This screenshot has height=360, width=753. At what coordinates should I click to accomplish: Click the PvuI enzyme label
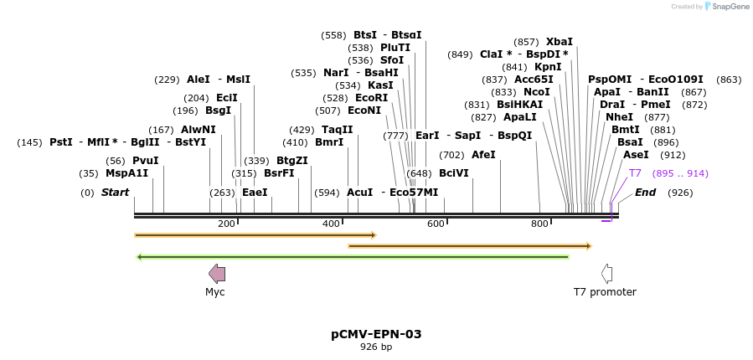(x=145, y=161)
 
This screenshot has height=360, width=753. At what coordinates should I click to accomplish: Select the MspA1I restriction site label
(x=126, y=173)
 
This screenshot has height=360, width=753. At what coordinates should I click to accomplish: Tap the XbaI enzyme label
(x=559, y=42)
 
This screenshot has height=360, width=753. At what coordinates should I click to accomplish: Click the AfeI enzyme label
(x=483, y=155)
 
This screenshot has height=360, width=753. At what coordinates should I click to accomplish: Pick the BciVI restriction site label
(x=453, y=173)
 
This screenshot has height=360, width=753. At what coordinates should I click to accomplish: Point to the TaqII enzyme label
(x=338, y=130)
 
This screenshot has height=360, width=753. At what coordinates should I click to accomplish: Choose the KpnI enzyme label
(x=548, y=67)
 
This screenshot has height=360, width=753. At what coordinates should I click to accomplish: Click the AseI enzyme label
(x=636, y=155)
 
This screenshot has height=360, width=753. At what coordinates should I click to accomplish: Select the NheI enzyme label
(x=619, y=117)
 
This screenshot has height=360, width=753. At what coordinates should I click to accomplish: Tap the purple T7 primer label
(x=635, y=173)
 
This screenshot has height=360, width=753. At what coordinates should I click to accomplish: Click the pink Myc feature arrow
(x=216, y=273)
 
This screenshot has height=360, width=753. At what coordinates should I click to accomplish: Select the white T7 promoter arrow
(x=606, y=273)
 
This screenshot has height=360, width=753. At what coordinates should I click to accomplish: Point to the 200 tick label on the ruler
(x=226, y=224)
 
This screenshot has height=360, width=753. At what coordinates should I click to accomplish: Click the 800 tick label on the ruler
(x=539, y=224)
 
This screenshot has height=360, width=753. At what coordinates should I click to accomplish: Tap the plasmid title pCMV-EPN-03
(x=376, y=334)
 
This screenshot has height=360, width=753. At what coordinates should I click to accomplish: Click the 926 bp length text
(x=376, y=347)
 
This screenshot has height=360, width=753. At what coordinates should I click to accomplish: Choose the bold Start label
(x=116, y=193)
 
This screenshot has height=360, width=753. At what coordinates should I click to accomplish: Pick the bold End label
(x=645, y=193)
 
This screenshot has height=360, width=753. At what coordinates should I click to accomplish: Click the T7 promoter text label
(x=605, y=292)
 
